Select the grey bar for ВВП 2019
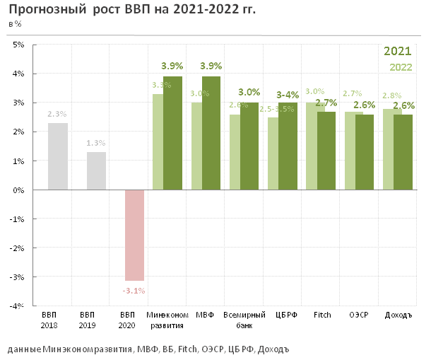click(x=96, y=171)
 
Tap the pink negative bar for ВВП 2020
click(x=134, y=235)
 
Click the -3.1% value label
click(x=134, y=290)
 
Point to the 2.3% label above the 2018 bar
click(x=58, y=113)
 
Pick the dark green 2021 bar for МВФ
click(x=211, y=133)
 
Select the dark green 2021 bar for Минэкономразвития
click(x=172, y=133)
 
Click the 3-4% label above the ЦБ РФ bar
click(x=288, y=95)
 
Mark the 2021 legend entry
click(x=397, y=52)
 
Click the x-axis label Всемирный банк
click(x=244, y=320)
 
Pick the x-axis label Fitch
click(x=322, y=315)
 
